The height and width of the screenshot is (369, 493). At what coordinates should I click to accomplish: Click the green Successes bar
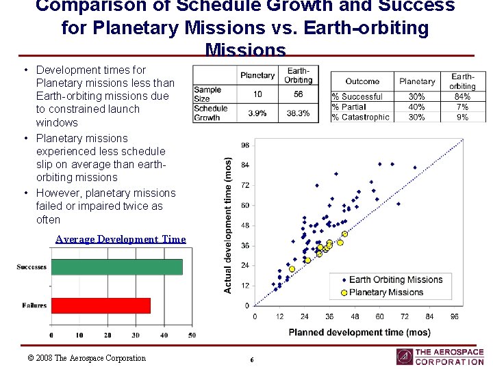click(x=116, y=266)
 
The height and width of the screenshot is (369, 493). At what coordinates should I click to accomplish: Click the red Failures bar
click(x=101, y=305)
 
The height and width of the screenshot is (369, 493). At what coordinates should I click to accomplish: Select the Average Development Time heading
click(x=121, y=239)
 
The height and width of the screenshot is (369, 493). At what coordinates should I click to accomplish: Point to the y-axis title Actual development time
click(x=228, y=225)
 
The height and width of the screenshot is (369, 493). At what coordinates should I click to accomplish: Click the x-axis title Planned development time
click(x=359, y=333)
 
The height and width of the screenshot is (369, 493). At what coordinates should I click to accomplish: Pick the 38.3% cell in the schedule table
click(x=298, y=113)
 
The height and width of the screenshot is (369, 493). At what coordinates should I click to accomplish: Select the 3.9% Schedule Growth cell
click(x=257, y=113)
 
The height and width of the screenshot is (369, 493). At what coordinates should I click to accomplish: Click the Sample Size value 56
click(x=298, y=94)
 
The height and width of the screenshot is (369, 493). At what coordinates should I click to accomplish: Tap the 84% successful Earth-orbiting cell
click(x=462, y=97)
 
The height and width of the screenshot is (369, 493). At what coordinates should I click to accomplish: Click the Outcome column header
click(x=362, y=81)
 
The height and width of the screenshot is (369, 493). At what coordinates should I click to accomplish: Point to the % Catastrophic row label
click(x=360, y=117)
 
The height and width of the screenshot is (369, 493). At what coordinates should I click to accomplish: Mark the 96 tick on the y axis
click(x=245, y=145)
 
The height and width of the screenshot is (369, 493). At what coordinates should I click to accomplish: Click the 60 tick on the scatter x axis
click(x=379, y=317)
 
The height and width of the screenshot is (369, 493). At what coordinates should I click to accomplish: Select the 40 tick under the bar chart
click(x=164, y=336)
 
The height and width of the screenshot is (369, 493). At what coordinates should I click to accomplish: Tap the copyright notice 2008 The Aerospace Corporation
click(x=86, y=358)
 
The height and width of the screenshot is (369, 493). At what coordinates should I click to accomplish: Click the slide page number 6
click(x=252, y=359)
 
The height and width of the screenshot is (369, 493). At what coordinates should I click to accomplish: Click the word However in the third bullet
click(x=58, y=193)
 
